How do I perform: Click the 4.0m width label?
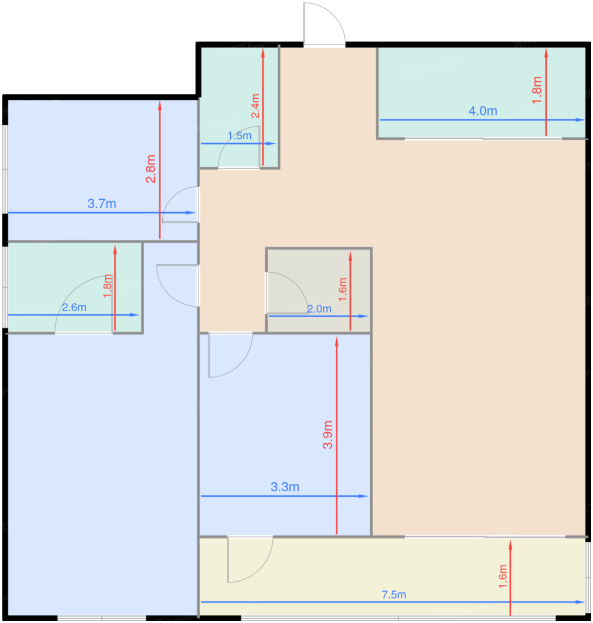click(483, 111)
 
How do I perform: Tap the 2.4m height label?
click(255, 106)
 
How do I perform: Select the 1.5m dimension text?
click(240, 136)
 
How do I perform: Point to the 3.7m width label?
click(102, 204)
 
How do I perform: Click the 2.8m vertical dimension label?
click(151, 169)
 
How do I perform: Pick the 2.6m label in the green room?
click(74, 307)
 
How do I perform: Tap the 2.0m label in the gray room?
click(319, 309)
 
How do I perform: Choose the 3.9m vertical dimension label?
click(328, 435)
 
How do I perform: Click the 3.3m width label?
click(285, 487)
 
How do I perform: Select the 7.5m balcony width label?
click(394, 595)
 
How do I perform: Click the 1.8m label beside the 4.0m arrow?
click(537, 90)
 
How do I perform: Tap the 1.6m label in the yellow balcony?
click(503, 576)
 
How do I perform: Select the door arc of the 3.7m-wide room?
click(176, 200)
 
